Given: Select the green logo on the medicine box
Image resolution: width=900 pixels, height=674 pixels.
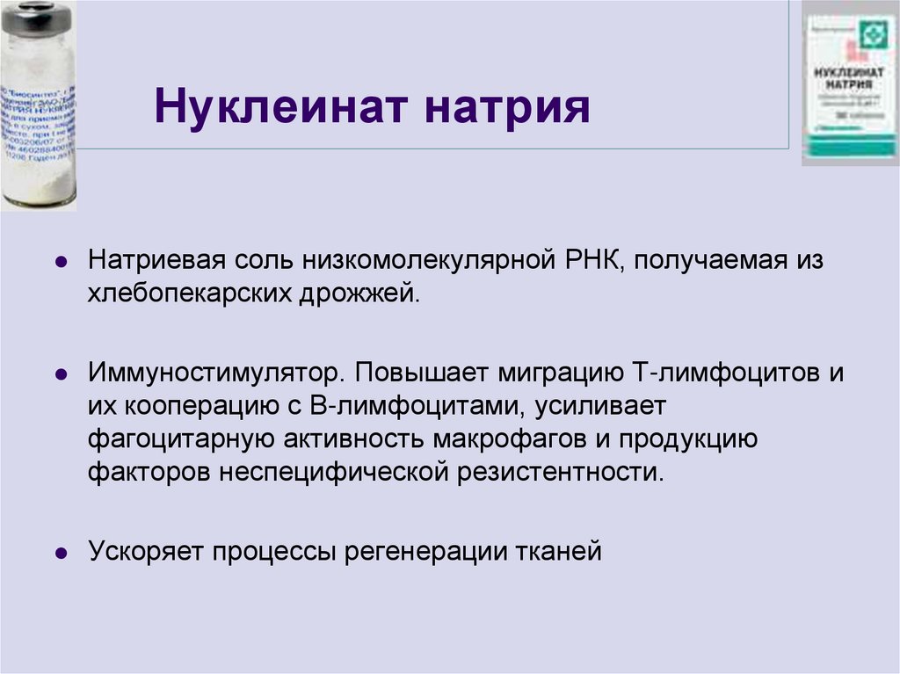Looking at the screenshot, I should (x=871, y=35).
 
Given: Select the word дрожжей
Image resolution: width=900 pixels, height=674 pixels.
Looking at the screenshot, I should (x=373, y=294).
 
